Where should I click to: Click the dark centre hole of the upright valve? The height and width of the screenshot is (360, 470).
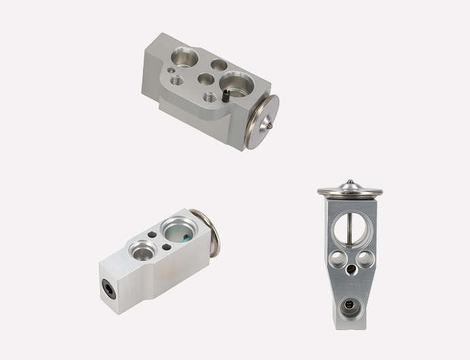[350, 270]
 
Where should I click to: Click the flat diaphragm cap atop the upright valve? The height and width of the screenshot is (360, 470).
[349, 190]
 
